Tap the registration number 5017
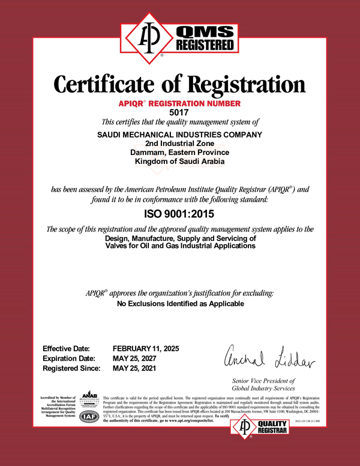point(179,112)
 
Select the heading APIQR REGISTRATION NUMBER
point(179,103)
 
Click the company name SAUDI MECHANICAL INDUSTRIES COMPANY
point(180,134)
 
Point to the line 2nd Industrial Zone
point(180,144)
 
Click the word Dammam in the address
point(148,153)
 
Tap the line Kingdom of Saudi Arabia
point(180,162)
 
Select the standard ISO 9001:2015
point(179,213)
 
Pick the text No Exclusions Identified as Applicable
point(180,304)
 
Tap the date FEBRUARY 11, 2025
point(146,349)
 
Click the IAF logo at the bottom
point(89,418)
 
